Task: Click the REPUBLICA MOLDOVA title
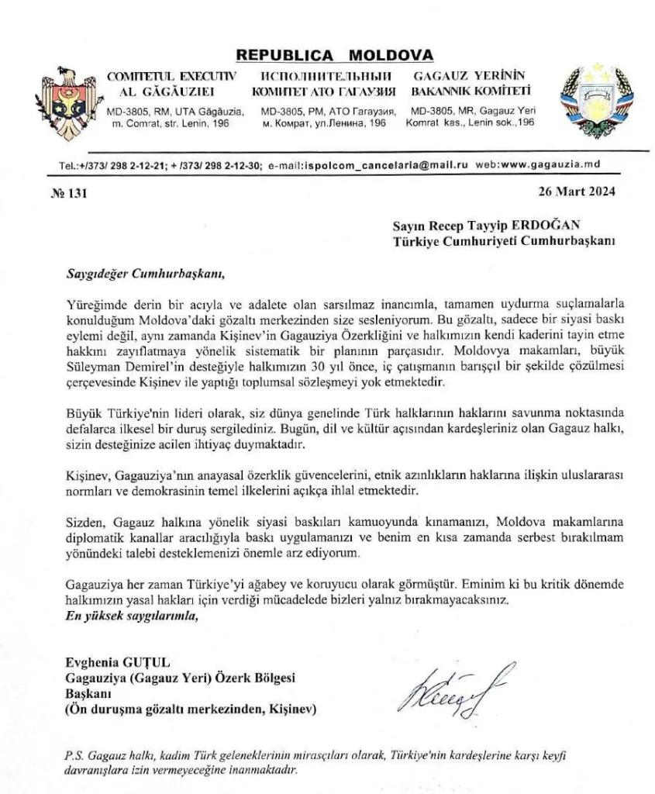(x=335, y=56)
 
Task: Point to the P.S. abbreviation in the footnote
(x=74, y=755)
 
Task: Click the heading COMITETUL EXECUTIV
(x=171, y=77)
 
